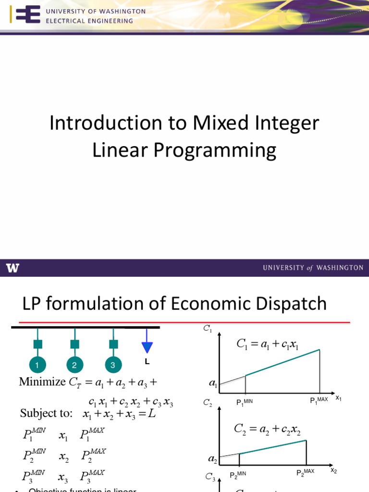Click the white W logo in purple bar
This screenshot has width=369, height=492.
click(13, 268)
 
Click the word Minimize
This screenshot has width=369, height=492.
click(42, 382)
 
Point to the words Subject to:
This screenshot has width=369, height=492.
click(46, 414)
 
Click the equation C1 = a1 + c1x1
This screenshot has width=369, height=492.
click(267, 344)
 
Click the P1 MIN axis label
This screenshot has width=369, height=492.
click(245, 402)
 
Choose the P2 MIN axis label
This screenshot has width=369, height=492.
click(238, 475)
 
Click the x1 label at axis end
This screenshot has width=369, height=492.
click(338, 398)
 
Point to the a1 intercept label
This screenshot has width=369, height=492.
click(212, 384)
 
